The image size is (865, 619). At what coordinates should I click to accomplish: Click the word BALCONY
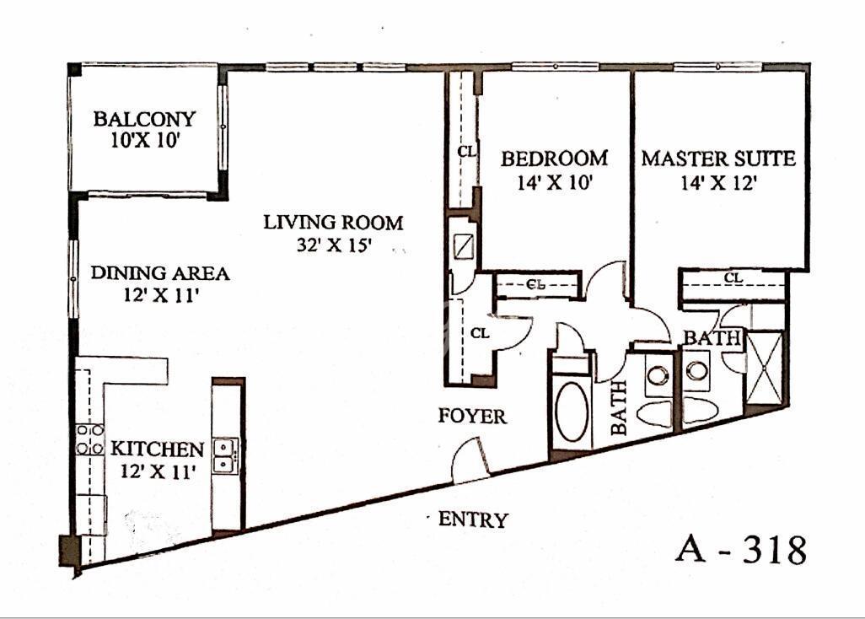tap(144, 119)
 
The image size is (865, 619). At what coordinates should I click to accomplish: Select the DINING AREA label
tap(160, 273)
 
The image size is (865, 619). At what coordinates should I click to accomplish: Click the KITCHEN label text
tap(157, 449)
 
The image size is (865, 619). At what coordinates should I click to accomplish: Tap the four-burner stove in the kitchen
tap(90, 439)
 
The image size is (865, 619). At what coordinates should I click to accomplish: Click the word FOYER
tap(473, 416)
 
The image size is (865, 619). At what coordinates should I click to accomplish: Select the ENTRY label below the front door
tap(473, 519)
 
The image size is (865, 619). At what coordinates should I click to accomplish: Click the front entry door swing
tap(469, 459)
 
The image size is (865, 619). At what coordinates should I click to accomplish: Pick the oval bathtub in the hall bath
tap(572, 411)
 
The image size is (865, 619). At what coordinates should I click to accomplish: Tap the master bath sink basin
tap(696, 370)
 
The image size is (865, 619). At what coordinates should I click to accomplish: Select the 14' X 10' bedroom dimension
tap(555, 182)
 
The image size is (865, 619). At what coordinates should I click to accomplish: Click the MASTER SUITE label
tap(718, 159)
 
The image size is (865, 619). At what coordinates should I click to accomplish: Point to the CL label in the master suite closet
tap(733, 277)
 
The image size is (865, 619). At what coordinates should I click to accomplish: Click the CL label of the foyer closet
tap(480, 333)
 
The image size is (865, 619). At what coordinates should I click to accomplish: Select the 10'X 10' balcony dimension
tap(145, 141)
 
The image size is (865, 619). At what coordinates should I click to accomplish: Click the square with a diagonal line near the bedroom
tap(462, 246)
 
